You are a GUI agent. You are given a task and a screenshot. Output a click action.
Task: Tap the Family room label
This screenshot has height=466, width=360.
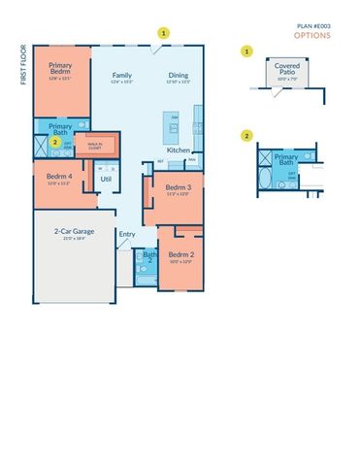click(x=121, y=75)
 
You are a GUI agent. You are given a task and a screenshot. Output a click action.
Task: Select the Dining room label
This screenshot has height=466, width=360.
click(x=179, y=75)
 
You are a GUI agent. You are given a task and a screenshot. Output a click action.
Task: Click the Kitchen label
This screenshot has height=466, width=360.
click(x=178, y=150)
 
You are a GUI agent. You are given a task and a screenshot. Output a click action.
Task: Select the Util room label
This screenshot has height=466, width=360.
click(x=106, y=178)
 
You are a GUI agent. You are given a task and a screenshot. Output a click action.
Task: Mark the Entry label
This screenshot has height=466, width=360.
click(x=127, y=233)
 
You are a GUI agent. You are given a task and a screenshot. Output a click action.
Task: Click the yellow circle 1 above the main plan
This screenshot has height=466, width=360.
click(x=164, y=32)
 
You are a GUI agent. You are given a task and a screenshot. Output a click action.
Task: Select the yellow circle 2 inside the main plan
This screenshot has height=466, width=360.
click(x=55, y=141)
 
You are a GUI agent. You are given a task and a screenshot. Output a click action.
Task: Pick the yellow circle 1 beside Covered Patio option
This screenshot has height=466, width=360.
click(x=247, y=50)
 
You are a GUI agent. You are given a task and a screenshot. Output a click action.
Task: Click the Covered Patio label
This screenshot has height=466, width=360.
click(x=286, y=65)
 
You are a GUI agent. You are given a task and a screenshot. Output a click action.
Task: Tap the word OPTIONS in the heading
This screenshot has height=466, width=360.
click(x=312, y=35)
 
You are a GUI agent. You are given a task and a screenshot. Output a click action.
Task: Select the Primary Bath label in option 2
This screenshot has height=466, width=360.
click(x=286, y=158)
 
